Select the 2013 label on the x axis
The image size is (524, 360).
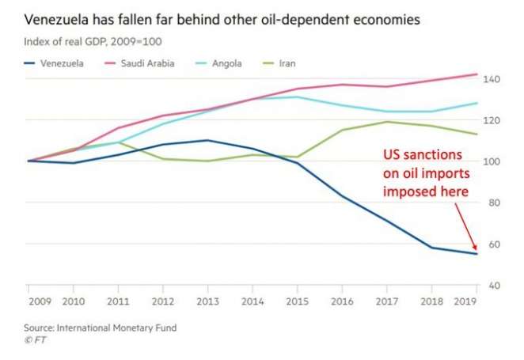[x=207, y=300]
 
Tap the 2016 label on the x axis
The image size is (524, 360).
[x=341, y=300]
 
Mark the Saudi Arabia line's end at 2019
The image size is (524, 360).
[x=477, y=74]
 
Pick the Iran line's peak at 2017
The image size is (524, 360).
[x=387, y=121]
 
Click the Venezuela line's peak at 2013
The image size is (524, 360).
[x=207, y=140]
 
